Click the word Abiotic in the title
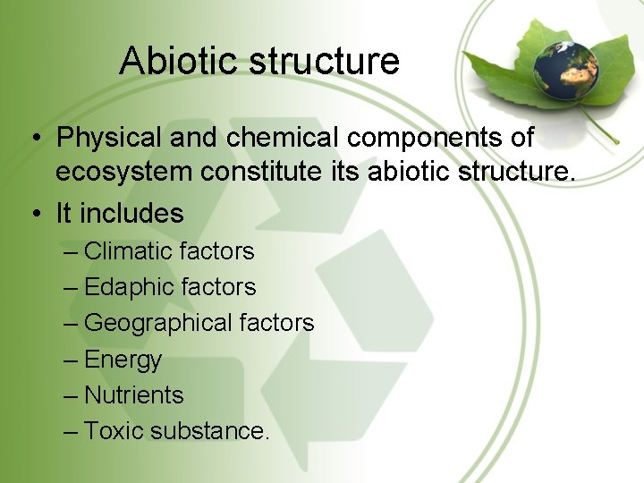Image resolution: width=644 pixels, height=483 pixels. pyautogui.click(x=180, y=61)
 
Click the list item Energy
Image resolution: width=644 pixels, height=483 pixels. pyautogui.click(x=123, y=360)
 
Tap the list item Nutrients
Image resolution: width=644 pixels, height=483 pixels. pyautogui.click(x=133, y=394)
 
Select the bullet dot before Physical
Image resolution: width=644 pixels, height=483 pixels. pyautogui.click(x=34, y=139)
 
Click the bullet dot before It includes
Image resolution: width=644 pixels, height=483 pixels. pyautogui.click(x=34, y=214)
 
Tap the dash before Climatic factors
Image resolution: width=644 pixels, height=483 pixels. pyautogui.click(x=72, y=251)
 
